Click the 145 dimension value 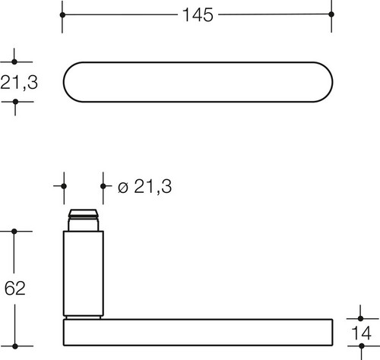(198, 15)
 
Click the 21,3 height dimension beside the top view (19, 82)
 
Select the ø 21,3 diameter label (144, 187)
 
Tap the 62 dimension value (15, 288)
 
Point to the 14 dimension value (362, 333)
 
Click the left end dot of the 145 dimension (62, 15)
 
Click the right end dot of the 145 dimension (331, 14)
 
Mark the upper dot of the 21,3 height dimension (14, 62)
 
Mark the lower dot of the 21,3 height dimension (15, 102)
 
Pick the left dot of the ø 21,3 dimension (64, 186)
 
